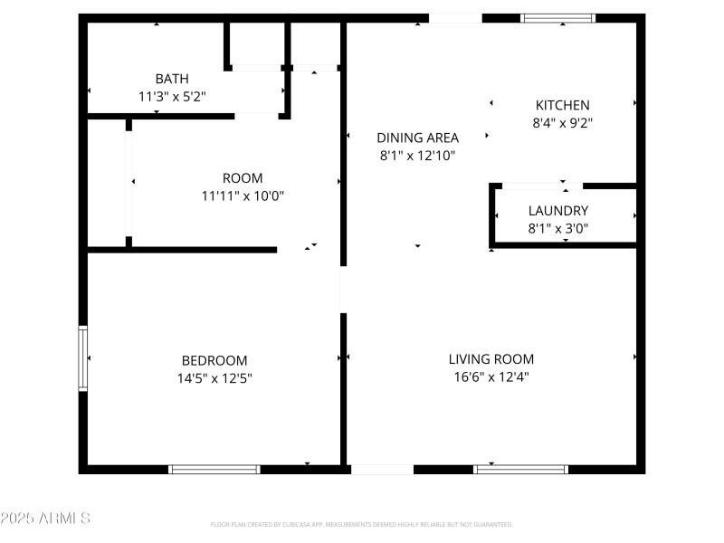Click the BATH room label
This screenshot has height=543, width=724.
(172, 79)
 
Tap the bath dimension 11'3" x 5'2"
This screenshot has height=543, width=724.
(172, 95)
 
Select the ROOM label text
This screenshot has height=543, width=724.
(243, 178)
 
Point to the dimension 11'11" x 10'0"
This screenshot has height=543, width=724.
(243, 195)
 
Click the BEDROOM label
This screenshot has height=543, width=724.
(214, 360)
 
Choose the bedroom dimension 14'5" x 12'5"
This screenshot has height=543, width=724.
(214, 377)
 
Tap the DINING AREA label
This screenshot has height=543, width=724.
(417, 138)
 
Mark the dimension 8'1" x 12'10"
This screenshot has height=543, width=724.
(417, 155)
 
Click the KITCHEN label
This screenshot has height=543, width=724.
(562, 105)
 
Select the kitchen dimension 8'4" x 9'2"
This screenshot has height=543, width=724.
(562, 122)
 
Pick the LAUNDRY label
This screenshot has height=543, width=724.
(557, 211)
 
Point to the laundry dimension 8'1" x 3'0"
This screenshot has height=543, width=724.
(557, 228)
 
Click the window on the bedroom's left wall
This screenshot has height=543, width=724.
(83, 358)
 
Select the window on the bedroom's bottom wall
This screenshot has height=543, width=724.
(214, 469)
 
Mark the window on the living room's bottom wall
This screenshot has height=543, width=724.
(521, 469)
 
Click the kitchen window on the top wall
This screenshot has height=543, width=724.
(558, 18)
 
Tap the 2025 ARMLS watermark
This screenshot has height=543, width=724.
(45, 519)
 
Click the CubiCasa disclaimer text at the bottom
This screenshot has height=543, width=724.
(362, 524)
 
